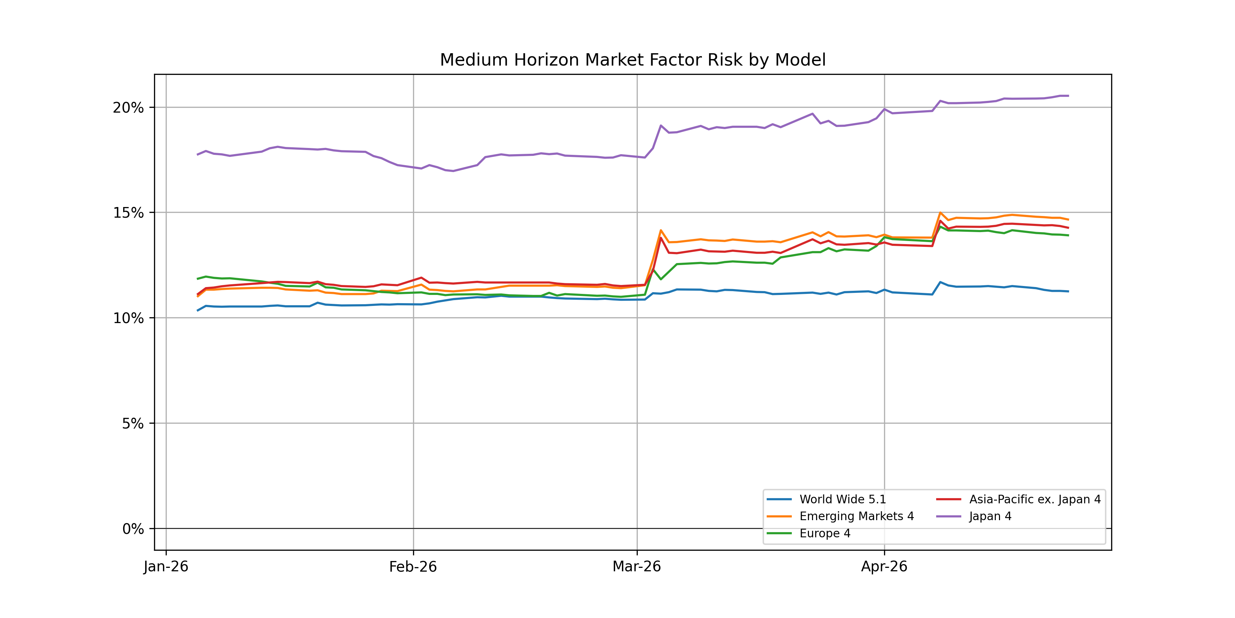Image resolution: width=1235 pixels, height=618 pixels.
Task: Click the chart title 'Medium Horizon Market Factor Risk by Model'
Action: click(x=632, y=60)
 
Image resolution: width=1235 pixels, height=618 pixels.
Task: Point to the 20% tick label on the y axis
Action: click(x=128, y=107)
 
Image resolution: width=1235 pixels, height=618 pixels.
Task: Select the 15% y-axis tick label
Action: click(x=128, y=213)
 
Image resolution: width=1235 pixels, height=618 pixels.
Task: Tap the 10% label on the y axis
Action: click(x=128, y=318)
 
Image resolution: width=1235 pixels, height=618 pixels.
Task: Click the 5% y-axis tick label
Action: click(x=132, y=423)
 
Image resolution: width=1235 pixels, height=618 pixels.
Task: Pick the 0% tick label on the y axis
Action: click(x=132, y=529)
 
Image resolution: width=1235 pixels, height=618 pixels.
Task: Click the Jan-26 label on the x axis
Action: click(x=166, y=566)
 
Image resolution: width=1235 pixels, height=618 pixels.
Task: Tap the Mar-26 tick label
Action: click(x=637, y=566)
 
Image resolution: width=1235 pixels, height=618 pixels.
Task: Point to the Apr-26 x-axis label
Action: click(x=884, y=566)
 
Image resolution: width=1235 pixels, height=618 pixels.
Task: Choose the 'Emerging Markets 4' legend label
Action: click(x=856, y=516)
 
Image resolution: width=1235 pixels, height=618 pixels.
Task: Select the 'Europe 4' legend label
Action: click(x=825, y=533)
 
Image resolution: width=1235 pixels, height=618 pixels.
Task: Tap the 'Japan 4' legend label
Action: click(x=990, y=516)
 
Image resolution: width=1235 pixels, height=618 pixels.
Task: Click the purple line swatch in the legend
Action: click(x=948, y=516)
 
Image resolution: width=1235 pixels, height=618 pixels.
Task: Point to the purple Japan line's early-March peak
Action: click(x=661, y=125)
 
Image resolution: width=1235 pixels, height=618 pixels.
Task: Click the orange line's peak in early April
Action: click(x=940, y=213)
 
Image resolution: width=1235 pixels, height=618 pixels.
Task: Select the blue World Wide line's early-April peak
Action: click(x=940, y=282)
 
